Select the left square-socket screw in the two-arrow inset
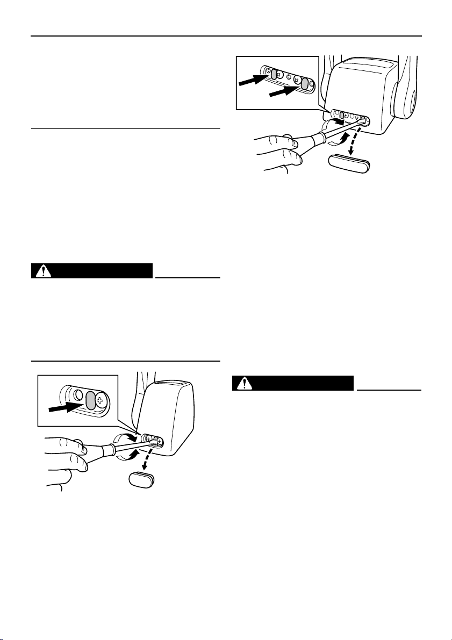click(280, 75)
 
